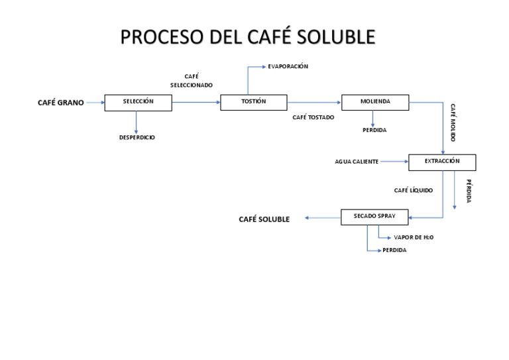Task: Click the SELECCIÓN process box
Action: (x=138, y=103)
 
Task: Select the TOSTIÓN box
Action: (x=254, y=102)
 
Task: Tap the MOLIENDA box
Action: (x=375, y=102)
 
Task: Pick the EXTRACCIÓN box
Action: (x=442, y=162)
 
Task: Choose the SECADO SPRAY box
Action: (x=374, y=217)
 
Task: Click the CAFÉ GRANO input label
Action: (x=61, y=103)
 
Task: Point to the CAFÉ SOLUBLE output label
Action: (x=264, y=219)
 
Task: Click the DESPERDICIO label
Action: (x=137, y=137)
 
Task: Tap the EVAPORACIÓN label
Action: (x=288, y=66)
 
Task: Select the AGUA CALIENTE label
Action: (x=357, y=162)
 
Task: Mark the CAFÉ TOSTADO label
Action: (x=313, y=117)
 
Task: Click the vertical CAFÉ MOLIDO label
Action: (x=453, y=123)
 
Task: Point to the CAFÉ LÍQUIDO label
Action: (x=414, y=190)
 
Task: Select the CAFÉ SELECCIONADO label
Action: (x=192, y=81)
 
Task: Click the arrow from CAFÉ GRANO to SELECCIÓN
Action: (x=95, y=103)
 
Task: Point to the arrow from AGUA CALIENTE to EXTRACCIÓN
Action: (x=394, y=162)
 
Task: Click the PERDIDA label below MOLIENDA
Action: (x=374, y=130)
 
